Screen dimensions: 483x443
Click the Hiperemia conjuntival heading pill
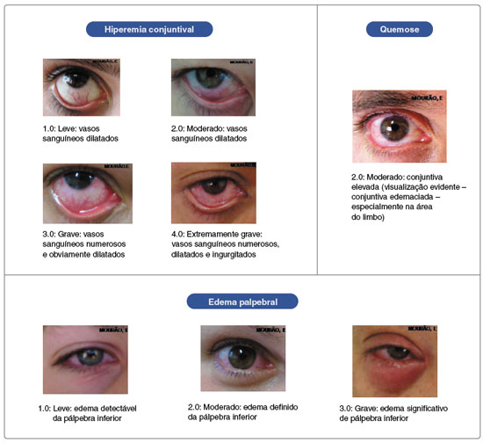(149, 29)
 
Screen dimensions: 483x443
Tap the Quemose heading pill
(400, 29)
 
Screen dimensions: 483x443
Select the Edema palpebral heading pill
(242, 301)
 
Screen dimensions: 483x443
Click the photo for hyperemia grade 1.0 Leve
(82, 87)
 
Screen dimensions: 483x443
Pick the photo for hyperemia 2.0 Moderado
(213, 87)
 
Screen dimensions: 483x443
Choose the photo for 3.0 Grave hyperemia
(88, 193)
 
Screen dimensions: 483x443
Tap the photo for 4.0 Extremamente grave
(213, 193)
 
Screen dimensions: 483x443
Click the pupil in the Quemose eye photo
(394, 127)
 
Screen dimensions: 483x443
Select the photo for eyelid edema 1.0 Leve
(85, 359)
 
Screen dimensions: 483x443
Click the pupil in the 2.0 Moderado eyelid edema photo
(241, 356)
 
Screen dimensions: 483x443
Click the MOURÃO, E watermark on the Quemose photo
(427, 98)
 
